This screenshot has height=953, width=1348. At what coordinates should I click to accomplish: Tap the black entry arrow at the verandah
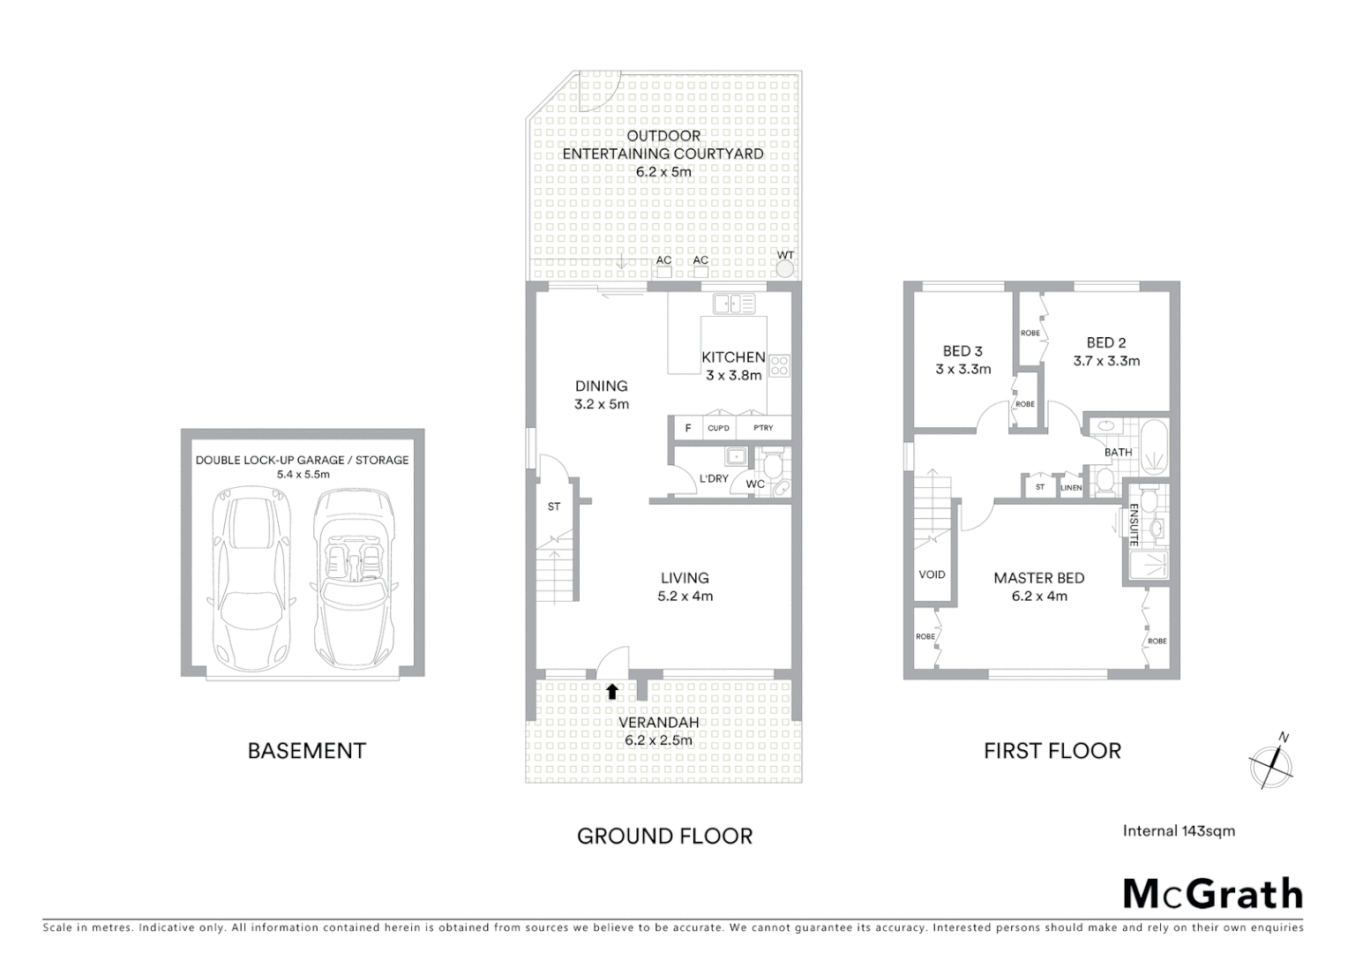coord(611,691)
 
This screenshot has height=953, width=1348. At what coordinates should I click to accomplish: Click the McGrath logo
coord(1212,894)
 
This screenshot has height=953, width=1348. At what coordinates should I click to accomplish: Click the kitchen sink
coord(734,304)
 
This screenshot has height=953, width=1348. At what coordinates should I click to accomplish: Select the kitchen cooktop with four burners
coord(778,365)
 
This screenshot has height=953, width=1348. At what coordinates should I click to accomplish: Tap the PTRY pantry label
coord(763,428)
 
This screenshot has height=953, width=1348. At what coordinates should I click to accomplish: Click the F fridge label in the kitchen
coord(688,428)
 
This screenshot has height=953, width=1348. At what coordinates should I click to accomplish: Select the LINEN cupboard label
coord(1071,487)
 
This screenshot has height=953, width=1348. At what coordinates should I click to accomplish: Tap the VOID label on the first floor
coord(932,574)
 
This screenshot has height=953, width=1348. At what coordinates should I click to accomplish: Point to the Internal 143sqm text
coord(1179,830)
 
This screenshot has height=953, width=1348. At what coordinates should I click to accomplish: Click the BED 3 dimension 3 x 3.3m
coord(962,370)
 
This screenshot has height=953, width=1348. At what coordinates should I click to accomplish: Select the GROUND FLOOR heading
coord(664,836)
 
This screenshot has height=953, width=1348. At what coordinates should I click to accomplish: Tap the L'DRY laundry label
coord(713,478)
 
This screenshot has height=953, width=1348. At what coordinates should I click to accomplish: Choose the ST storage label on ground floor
coord(554,507)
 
